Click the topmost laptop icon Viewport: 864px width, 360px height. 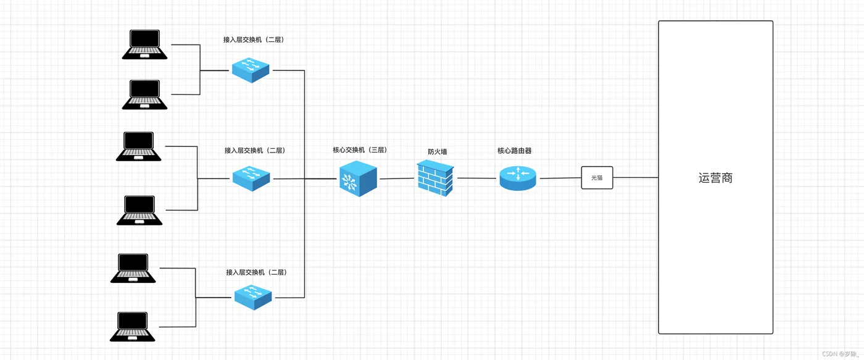coord(144,44)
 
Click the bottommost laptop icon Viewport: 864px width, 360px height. coord(132,327)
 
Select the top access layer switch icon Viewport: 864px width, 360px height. coord(251,70)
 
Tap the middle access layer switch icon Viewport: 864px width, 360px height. coord(251,178)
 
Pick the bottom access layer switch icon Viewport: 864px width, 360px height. coord(253,298)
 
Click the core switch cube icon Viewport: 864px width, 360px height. coord(358,178)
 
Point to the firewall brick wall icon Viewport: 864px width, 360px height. coord(436,178)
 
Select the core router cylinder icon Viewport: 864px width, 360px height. coord(518,178)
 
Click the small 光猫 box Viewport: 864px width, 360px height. coord(597,177)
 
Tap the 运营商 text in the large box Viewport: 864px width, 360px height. coord(715,178)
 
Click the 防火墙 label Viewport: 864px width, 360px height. coord(438,152)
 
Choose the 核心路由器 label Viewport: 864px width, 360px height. coord(515,151)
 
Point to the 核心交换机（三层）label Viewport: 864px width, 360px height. coord(360,149)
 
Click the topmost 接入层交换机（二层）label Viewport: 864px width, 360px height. coord(254,40)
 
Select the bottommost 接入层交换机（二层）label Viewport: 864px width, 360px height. coord(256,272)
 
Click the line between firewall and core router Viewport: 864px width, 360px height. coord(476,178)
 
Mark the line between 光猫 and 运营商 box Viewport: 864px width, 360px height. coord(636,177)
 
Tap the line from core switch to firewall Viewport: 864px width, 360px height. coord(397,178)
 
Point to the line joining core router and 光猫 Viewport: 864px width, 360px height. coord(560,178)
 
